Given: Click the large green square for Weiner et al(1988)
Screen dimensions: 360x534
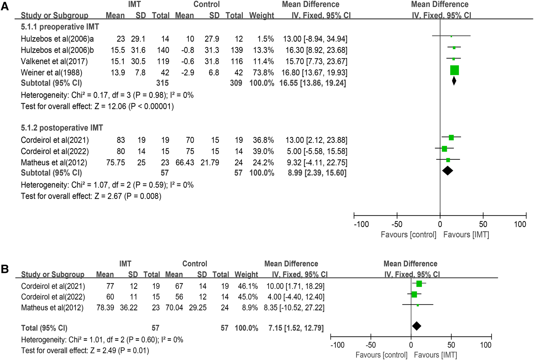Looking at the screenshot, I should (454, 70).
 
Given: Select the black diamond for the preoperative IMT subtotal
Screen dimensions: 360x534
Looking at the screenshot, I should (454, 81).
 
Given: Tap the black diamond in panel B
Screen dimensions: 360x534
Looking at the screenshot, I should (417, 326).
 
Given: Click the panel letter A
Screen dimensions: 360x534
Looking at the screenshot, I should (5, 6).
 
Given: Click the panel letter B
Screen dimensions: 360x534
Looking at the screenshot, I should (5, 269).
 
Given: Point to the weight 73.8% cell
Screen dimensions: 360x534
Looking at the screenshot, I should (263, 72).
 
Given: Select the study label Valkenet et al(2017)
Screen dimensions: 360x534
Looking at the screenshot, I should (54, 61).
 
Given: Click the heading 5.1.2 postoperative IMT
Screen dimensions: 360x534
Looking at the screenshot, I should (62, 128).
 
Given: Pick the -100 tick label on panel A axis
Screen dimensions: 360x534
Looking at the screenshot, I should (361, 224).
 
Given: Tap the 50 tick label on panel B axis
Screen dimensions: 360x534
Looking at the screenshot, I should (451, 345).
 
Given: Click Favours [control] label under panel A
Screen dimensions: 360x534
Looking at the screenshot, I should (408, 234).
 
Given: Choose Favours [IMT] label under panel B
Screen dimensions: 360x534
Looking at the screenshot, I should (435, 355).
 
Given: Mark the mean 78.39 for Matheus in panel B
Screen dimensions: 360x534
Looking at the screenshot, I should (105, 307).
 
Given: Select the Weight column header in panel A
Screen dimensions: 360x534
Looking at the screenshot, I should (261, 15).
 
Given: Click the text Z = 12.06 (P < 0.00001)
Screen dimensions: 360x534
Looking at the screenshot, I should (134, 106).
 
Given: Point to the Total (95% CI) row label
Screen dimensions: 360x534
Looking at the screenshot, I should (44, 328).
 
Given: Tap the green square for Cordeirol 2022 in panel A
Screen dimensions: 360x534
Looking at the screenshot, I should (444, 149).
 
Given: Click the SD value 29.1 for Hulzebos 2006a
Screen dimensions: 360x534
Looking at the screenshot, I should (138, 39).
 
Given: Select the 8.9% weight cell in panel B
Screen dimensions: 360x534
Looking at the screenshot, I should (250, 307).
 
